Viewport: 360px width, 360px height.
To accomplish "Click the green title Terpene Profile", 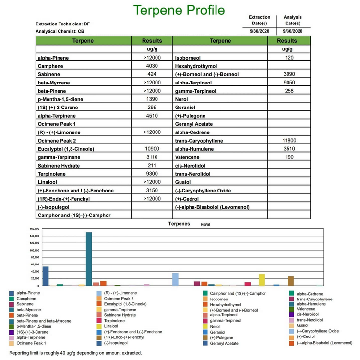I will pos(179,10).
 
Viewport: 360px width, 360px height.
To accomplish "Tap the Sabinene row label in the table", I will pos(50,75).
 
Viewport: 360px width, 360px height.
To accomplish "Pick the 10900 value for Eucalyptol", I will pos(152,149).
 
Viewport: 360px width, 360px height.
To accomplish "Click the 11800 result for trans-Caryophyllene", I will pos(288,140).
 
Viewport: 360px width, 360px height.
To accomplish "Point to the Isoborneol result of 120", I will pos(289,58).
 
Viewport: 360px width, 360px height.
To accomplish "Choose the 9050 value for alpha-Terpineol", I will pos(289,82).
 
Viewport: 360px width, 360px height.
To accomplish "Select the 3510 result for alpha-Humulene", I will pos(289,149).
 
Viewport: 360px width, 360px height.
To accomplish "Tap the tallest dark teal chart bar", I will pos(89,259).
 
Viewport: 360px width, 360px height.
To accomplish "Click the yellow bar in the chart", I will pos(262,279).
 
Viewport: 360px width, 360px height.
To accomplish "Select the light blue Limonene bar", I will pos(175,279).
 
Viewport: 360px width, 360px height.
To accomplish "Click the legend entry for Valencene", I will pos(306,309).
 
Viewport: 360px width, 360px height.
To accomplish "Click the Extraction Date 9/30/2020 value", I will pos(259,31).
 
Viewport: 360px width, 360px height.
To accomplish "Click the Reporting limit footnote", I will pos(75,353).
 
